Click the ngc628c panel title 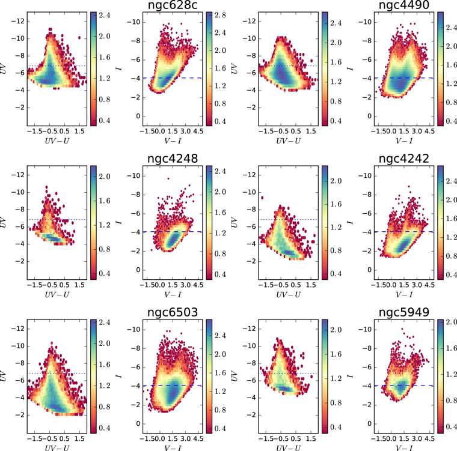pos(173,5)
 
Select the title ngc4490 pos(404,5)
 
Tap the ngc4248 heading pos(173,159)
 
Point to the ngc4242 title pos(404,159)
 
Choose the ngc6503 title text pos(173,312)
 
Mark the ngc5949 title pos(404,312)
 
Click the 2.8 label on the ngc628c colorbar pos(220,15)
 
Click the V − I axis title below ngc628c pos(173,141)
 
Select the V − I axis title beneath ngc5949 pos(404,448)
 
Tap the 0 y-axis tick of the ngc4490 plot pos(370,116)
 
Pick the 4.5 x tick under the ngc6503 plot pos(198,438)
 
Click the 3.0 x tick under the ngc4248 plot pos(186,285)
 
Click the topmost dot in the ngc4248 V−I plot pos(168,178)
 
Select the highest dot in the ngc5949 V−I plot pos(402,329)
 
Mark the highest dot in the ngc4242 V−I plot pos(409,186)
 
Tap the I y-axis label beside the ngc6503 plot pos(118,376)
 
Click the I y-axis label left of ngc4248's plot pos(118,222)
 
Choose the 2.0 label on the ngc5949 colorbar pos(452,322)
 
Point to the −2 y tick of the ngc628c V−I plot pos(135,97)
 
